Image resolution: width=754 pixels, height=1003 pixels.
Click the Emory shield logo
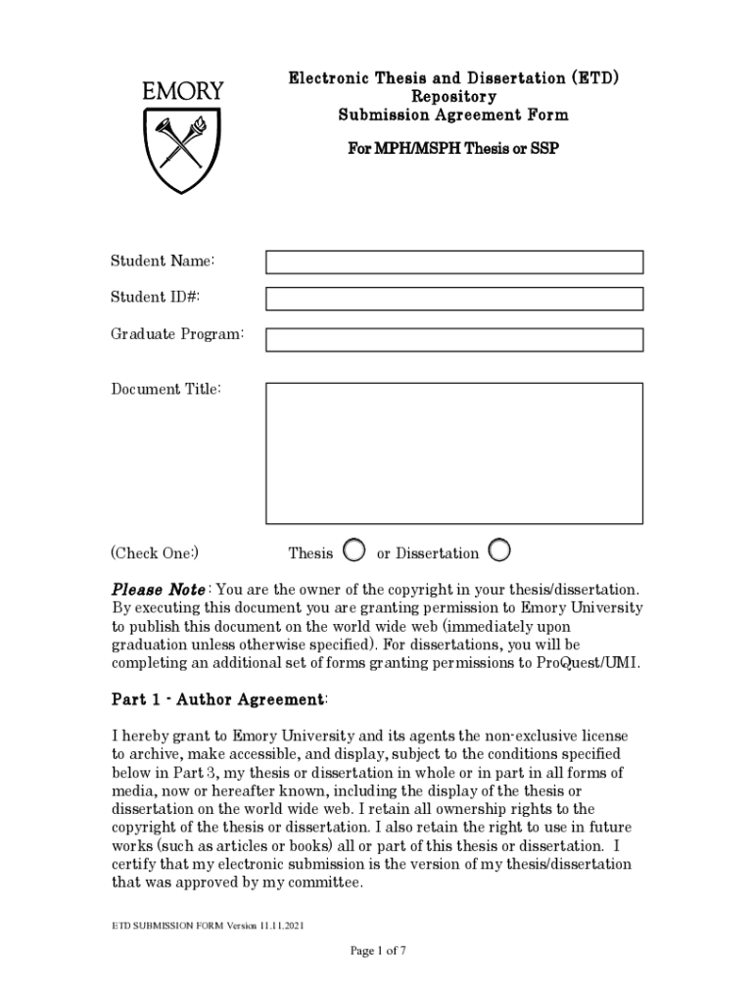(x=183, y=148)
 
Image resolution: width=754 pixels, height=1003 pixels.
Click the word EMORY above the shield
(x=183, y=91)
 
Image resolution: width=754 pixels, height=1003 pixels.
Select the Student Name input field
(x=454, y=262)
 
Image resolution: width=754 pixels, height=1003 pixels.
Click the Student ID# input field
(x=454, y=299)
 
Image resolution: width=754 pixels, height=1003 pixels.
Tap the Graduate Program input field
(x=454, y=339)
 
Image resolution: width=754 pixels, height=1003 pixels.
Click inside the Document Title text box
(x=454, y=453)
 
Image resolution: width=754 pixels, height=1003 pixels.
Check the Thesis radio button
(x=355, y=551)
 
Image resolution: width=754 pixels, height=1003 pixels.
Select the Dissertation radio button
(x=498, y=551)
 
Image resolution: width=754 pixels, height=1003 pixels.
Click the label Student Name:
(x=162, y=261)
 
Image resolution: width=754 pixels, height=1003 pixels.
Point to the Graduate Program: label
(x=176, y=335)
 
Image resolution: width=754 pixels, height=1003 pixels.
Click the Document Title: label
(x=165, y=390)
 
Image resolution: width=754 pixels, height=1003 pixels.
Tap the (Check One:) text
(x=155, y=553)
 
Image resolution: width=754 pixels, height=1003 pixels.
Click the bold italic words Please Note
(x=158, y=590)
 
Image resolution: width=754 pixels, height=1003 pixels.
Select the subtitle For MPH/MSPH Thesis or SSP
(x=453, y=151)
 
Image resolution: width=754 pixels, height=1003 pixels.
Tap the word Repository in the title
(x=453, y=97)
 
